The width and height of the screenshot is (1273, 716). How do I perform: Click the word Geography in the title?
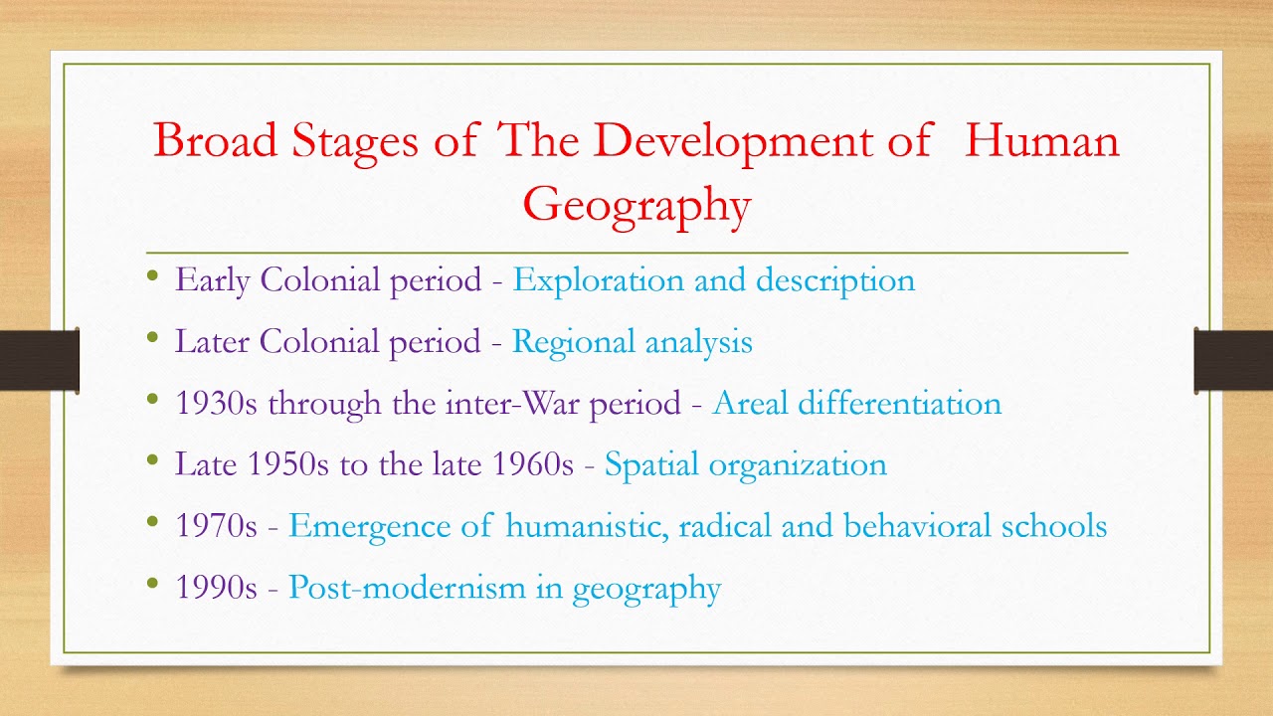pyautogui.click(x=636, y=205)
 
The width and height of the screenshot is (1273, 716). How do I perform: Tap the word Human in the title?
pyautogui.click(x=1042, y=140)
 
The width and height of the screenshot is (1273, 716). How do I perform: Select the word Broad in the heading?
pyautogui.click(x=215, y=140)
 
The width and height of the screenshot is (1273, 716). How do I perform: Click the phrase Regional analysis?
pyautogui.click(x=632, y=342)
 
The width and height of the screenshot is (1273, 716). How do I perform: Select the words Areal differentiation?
pyautogui.click(x=856, y=404)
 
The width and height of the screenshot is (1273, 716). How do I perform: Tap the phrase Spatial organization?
pyautogui.click(x=745, y=465)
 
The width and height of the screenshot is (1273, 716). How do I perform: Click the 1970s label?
pyautogui.click(x=216, y=526)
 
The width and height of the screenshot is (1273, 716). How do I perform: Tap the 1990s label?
pyautogui.click(x=216, y=588)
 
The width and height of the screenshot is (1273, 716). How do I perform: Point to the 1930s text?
pyautogui.click(x=217, y=404)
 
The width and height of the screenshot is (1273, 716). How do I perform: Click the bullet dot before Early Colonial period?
pyautogui.click(x=152, y=275)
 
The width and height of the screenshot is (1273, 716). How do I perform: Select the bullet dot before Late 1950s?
pyautogui.click(x=152, y=460)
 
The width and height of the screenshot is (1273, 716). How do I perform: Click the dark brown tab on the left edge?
pyautogui.click(x=39, y=359)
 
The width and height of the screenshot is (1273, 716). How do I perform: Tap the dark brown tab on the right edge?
pyautogui.click(x=1233, y=359)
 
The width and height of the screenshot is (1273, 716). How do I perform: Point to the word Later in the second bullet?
pyautogui.click(x=213, y=342)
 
